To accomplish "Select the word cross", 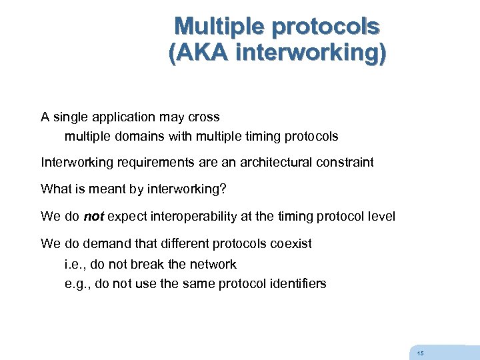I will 204,117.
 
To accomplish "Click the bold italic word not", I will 93,217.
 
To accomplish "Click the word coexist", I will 291,244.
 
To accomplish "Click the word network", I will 213,264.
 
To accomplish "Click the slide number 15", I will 419,353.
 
